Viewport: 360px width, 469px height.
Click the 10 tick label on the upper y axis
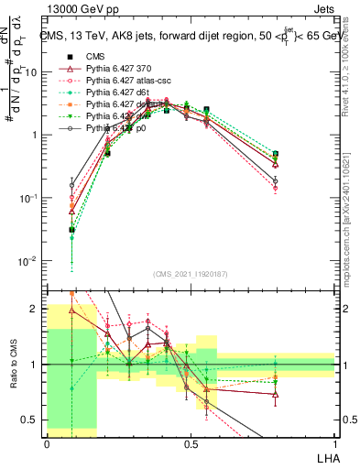[x=32, y=71]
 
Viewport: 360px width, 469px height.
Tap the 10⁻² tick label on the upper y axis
[x=29, y=261]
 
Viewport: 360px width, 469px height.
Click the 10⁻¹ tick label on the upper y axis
[x=29, y=198]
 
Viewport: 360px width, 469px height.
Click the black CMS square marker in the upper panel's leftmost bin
[x=71, y=231]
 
